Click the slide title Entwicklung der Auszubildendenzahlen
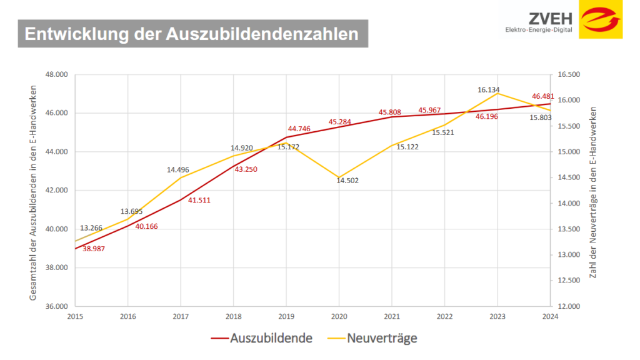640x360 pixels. click(191, 34)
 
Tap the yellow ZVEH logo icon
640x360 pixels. click(600, 19)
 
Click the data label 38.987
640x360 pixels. click(94, 249)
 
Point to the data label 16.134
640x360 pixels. click(489, 90)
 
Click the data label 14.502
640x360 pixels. click(348, 181)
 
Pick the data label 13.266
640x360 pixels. click(91, 227)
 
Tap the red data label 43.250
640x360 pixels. click(246, 169)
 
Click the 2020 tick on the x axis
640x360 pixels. click(338, 316)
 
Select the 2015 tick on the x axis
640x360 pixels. click(75, 316)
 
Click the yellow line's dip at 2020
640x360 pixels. click(339, 177)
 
